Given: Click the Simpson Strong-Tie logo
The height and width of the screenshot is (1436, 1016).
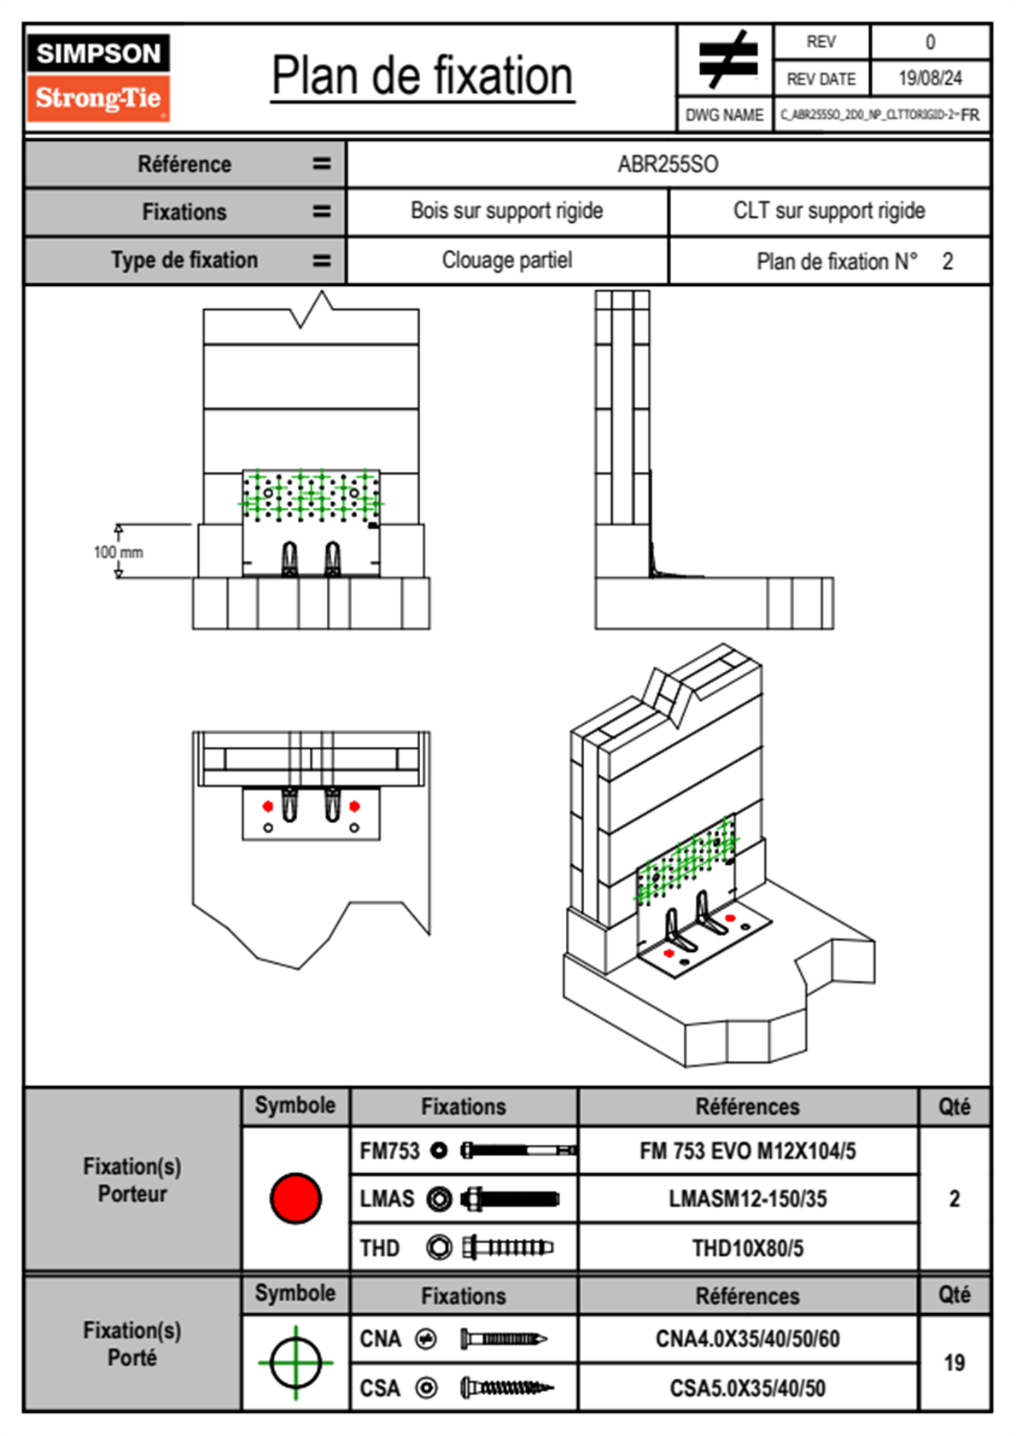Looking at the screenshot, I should click(x=98, y=77).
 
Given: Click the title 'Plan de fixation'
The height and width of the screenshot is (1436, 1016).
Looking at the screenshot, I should click(x=422, y=77).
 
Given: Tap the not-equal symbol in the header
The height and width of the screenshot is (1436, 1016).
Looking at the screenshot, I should click(x=727, y=60).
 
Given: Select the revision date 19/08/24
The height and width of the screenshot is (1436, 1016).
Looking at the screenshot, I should click(x=930, y=79).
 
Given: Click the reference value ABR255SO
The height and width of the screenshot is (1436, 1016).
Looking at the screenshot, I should click(x=668, y=164).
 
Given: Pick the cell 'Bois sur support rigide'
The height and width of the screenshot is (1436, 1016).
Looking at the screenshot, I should click(x=506, y=211).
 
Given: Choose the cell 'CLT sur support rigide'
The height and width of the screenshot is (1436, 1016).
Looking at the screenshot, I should click(x=828, y=211).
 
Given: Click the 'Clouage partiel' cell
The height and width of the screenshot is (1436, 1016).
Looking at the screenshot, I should click(x=506, y=260).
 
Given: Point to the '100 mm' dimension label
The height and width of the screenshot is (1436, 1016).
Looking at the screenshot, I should click(x=119, y=552).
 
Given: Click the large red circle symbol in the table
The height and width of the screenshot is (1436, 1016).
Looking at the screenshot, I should click(x=295, y=1198).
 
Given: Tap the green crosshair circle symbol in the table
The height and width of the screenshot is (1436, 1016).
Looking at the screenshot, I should click(x=295, y=1363).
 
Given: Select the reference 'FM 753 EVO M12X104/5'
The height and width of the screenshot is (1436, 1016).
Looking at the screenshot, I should click(x=747, y=1151).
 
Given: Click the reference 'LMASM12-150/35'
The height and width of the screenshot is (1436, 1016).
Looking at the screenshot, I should click(x=747, y=1199).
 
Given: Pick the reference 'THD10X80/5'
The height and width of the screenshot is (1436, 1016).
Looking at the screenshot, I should click(x=747, y=1248).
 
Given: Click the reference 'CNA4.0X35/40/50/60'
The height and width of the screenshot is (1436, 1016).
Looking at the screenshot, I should click(x=747, y=1339).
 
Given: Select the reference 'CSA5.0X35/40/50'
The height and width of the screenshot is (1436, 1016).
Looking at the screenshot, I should click(x=747, y=1388).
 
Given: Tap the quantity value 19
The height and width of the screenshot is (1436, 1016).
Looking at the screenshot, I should click(x=954, y=1363).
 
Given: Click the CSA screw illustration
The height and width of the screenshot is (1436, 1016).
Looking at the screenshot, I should click(x=506, y=1388).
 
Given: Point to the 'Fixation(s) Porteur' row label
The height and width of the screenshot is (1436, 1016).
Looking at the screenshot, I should click(x=132, y=1180).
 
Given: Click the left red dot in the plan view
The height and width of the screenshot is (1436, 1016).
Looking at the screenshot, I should click(x=268, y=806).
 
